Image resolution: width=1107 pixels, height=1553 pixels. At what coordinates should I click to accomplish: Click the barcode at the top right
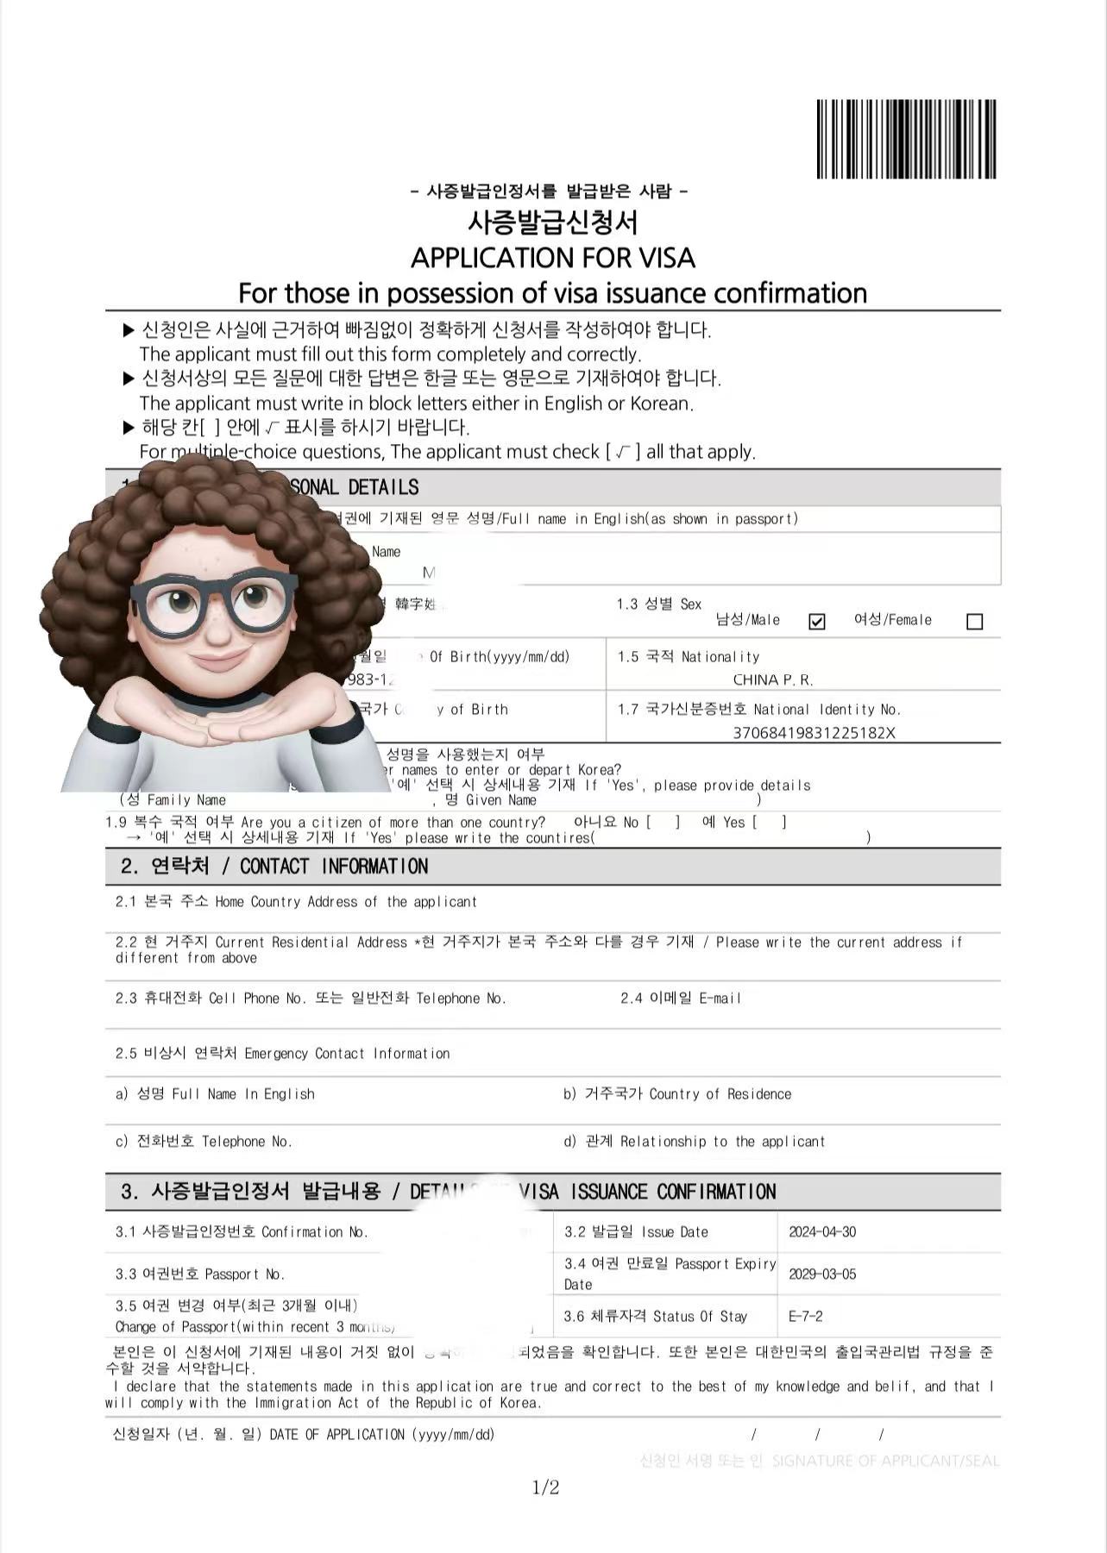906,139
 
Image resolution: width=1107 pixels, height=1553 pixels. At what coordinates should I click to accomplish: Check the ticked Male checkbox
816,622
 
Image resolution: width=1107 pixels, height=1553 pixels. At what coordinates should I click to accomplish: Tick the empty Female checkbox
974,622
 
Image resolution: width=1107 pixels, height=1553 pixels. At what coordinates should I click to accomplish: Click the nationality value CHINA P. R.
772,679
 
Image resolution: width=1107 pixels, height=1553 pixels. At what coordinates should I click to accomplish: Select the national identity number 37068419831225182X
814,733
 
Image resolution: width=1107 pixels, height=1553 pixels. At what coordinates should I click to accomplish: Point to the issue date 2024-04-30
822,1232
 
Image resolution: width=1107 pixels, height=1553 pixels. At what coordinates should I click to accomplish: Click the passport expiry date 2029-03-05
822,1274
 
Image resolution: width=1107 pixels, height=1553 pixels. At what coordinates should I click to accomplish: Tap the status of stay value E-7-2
806,1317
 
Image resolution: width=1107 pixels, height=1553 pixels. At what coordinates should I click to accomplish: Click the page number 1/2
545,1487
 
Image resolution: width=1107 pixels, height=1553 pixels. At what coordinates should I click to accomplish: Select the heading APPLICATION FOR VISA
552,258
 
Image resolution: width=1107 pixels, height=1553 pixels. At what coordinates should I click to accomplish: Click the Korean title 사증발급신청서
552,223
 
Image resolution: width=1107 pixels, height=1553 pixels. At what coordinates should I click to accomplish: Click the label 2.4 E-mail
680,999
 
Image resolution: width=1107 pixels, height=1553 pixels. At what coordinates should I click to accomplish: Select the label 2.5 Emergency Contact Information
282,1054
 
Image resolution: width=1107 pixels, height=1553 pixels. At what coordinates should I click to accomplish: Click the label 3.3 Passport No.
199,1274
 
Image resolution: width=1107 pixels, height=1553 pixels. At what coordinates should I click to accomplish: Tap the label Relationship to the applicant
694,1142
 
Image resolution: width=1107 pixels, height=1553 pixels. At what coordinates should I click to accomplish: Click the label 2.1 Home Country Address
296,902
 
